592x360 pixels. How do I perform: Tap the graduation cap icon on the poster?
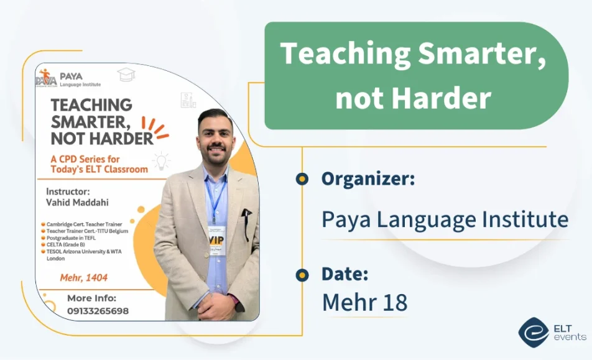coord(126,75)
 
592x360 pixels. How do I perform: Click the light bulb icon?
coord(162,160)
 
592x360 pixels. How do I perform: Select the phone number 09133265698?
coord(98,311)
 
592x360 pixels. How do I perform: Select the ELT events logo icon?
coord(533,332)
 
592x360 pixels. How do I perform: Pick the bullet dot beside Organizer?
coord(302,180)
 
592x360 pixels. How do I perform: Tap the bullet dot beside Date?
coord(302,274)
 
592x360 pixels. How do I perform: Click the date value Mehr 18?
coord(364,302)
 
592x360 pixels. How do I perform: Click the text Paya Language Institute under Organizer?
coord(445,219)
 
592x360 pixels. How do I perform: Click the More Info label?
coord(91,298)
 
